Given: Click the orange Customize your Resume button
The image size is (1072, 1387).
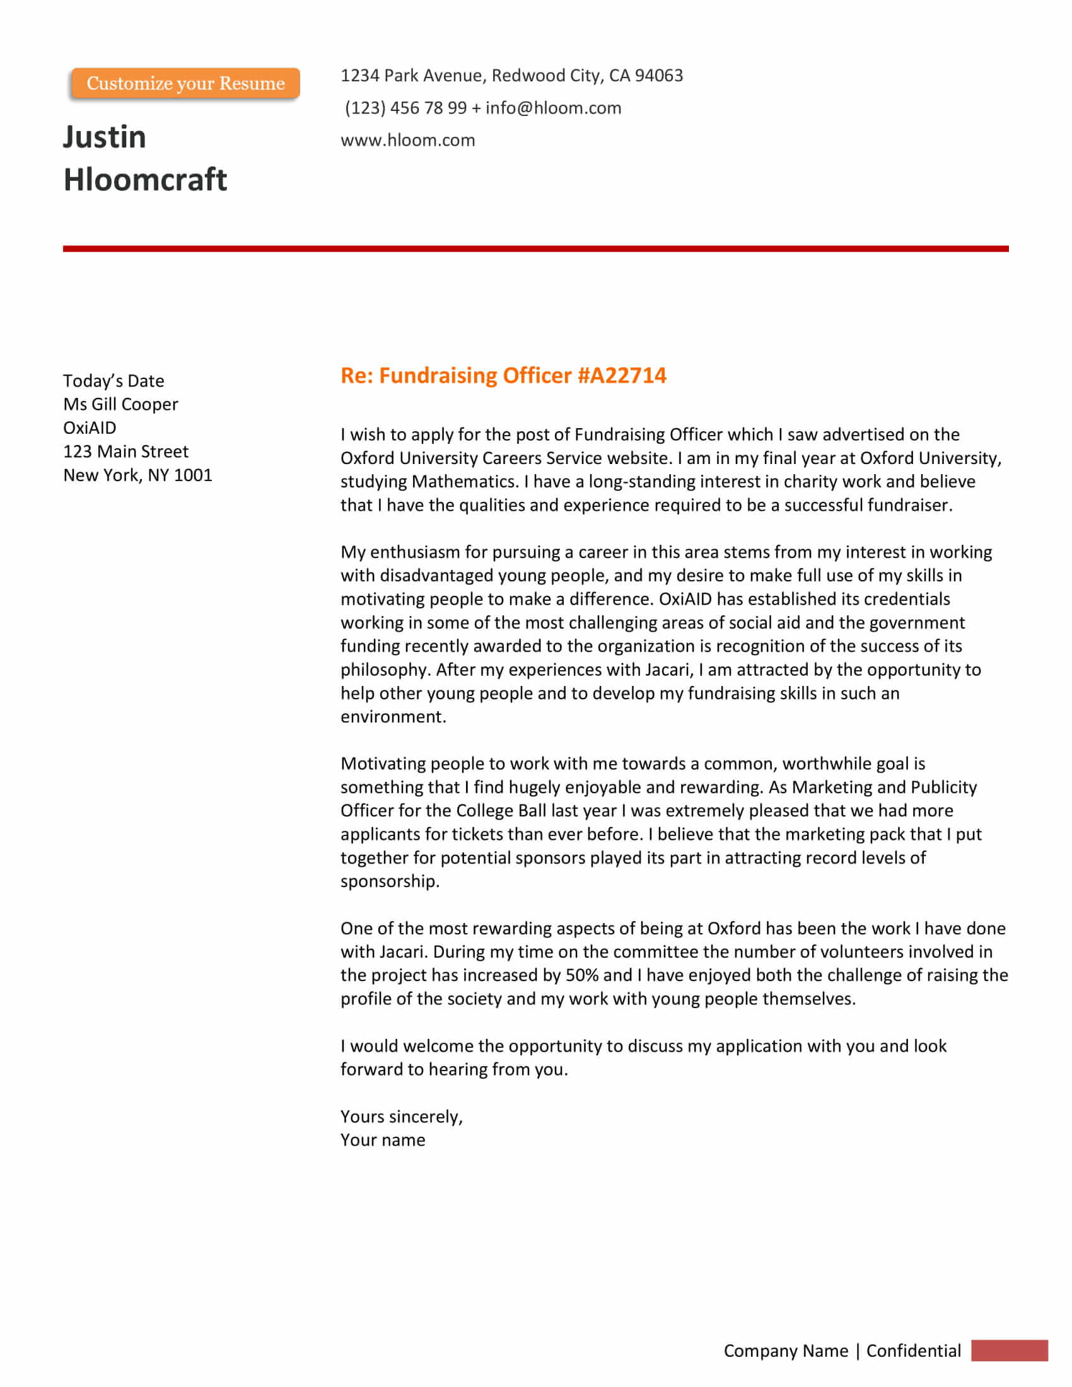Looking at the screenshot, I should [185, 83].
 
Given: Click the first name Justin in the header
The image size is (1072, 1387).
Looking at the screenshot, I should [105, 137].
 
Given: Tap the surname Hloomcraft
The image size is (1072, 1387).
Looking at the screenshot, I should [145, 180].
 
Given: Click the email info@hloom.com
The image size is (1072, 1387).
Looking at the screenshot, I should [553, 108].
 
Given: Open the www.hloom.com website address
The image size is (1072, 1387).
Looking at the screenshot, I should [408, 141].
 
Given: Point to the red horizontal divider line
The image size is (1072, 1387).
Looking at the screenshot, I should [535, 249].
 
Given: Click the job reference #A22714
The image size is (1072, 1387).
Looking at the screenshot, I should [622, 375].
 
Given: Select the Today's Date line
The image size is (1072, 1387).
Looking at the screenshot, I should [114, 381].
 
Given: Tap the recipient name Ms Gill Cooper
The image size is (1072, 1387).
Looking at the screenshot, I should [120, 405].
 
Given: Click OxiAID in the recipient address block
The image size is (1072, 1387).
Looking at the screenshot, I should [90, 428].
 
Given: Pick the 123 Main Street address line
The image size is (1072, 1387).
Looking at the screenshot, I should [125, 451].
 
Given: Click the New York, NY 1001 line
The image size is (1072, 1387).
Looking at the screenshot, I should [138, 475].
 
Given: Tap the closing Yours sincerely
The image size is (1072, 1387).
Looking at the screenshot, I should [401, 1117].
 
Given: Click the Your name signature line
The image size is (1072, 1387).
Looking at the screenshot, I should [383, 1140].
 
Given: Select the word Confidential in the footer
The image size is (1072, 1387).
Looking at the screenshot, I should [913, 1351].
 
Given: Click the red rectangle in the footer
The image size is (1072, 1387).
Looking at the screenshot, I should [1009, 1350].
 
